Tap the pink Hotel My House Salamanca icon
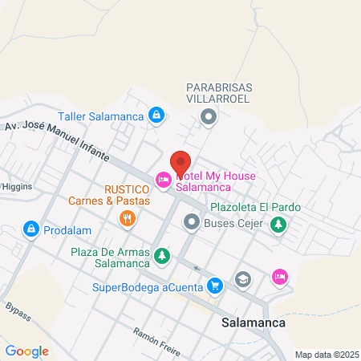(x=164, y=180)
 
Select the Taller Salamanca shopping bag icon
(x=157, y=116)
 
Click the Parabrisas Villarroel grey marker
(x=209, y=118)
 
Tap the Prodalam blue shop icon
(x=30, y=229)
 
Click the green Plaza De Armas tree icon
(x=163, y=257)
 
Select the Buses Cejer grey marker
(x=192, y=221)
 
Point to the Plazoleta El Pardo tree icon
(x=278, y=225)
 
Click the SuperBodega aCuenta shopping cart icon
(x=214, y=285)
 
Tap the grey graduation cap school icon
(x=243, y=279)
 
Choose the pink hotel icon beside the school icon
(x=279, y=277)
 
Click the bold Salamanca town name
(x=250, y=323)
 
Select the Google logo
(x=26, y=351)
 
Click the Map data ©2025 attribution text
(x=326, y=355)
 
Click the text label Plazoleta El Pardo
(x=255, y=207)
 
